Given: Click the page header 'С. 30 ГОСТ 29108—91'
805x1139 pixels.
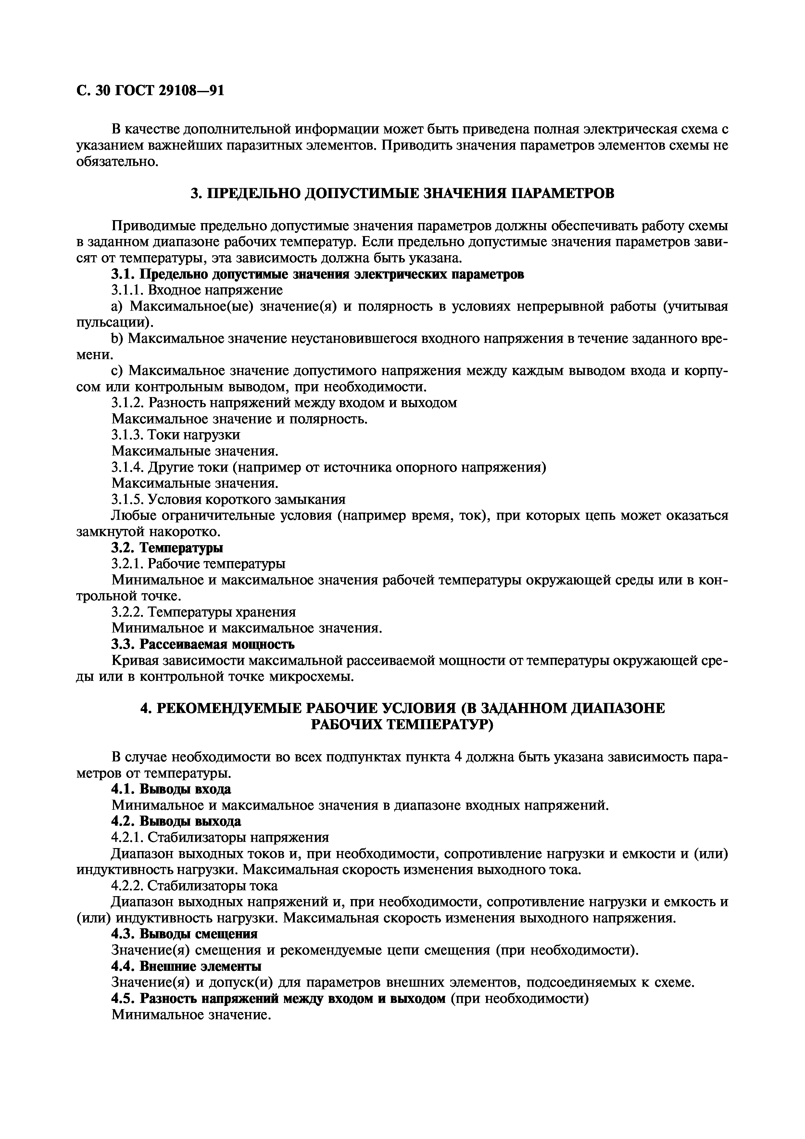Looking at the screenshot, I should (x=150, y=91).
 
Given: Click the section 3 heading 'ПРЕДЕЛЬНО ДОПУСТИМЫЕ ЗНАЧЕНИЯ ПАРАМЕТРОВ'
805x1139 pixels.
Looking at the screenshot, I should (x=402, y=193).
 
